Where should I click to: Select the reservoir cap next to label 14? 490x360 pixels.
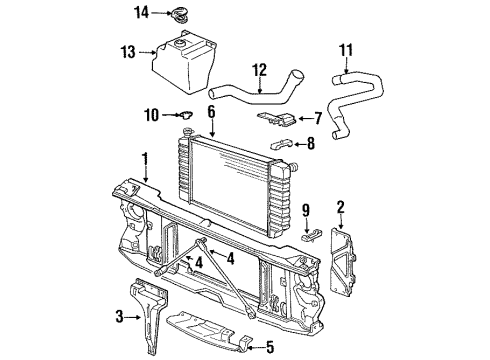point(177,13)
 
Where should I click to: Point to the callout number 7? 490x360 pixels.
point(318,118)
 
